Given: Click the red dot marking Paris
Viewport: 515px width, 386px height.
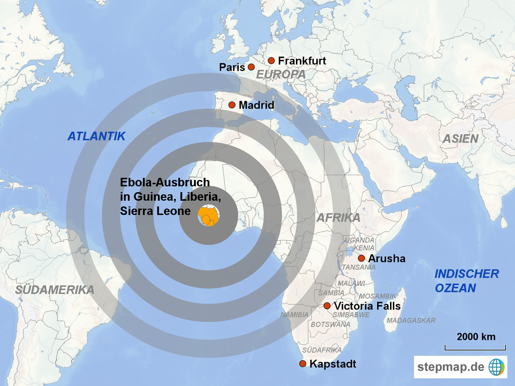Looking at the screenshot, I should coord(251,67).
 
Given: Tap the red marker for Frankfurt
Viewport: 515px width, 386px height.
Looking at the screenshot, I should coord(271,61).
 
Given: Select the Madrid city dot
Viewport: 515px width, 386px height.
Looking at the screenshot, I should coord(232,105).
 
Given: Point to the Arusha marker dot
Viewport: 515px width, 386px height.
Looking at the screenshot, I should coord(361,259).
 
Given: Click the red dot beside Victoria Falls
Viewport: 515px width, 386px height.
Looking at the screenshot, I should coord(327,306).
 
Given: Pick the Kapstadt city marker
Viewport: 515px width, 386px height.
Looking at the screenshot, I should coord(303,363).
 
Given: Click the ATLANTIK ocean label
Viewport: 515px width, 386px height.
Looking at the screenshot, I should coord(96,137).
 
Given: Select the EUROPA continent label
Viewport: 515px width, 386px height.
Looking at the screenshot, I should coord(280,75).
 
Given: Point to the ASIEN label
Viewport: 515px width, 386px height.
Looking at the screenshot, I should coord(461,139).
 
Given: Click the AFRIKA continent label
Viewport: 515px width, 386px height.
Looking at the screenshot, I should coord(338,218).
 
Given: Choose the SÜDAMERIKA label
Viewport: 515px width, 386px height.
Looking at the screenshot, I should coord(55,290).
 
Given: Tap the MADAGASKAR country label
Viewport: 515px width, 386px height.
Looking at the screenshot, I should coord(411,320).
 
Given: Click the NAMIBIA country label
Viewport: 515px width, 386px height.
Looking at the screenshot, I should coord(294,315).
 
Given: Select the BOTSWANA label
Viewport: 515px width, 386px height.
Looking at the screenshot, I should coord(330,325).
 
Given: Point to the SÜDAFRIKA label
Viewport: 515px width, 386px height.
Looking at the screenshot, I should coord(322,350).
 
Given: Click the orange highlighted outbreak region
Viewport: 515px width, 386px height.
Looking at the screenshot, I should coord(209,216).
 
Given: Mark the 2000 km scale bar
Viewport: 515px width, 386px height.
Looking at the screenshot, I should coord(475,347).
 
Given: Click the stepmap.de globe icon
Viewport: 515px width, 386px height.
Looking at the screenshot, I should coord(496,367).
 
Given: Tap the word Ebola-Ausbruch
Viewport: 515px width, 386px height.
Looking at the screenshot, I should coord(165,182).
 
